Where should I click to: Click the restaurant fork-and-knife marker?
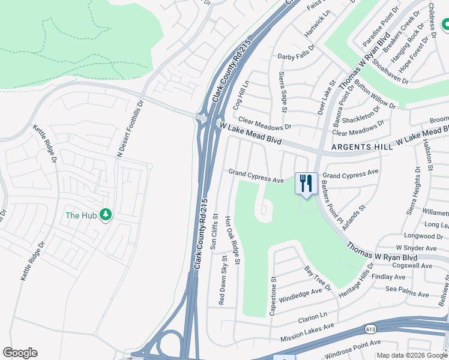[x=306, y=183]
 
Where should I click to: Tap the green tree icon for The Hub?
[x=106, y=215]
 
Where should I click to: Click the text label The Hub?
[x=81, y=215]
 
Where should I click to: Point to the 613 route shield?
[x=370, y=329]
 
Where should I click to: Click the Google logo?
[x=20, y=353]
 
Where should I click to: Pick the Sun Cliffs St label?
[x=214, y=235]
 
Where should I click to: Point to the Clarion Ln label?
[x=315, y=314]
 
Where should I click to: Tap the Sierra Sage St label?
[x=282, y=91]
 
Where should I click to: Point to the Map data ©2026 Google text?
[x=412, y=355]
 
